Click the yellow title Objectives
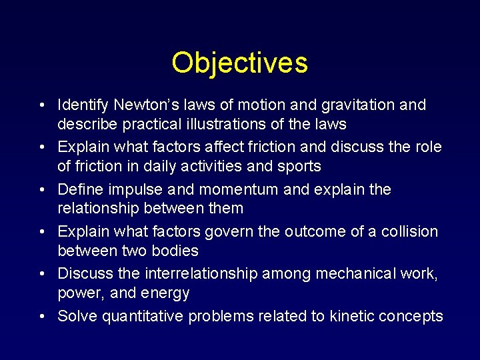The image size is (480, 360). (239, 63)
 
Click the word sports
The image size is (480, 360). (297, 166)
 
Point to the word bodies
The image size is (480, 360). (175, 251)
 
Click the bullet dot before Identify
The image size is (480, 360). (42, 106)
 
